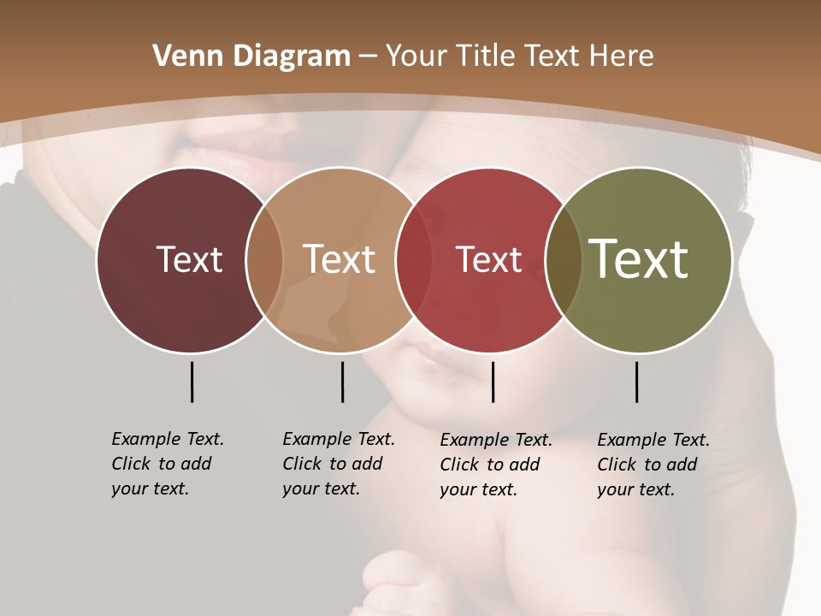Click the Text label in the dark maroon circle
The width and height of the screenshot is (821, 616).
tap(189, 259)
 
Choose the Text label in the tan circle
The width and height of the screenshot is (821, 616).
tap(339, 259)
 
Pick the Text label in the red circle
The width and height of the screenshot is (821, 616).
tap(488, 259)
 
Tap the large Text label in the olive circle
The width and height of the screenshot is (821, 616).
tap(638, 259)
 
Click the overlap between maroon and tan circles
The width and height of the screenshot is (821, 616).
tap(264, 259)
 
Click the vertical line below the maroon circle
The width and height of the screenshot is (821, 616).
tap(192, 382)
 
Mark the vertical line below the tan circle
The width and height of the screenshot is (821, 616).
tap(342, 382)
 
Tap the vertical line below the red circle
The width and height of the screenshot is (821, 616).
tap(493, 382)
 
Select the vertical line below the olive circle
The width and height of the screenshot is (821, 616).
tap(636, 382)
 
